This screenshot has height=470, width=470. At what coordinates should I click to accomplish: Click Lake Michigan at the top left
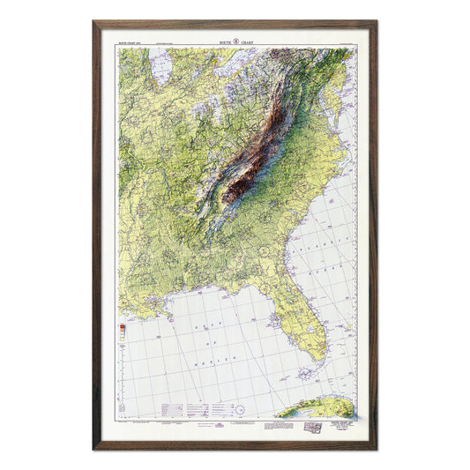click(x=161, y=71)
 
